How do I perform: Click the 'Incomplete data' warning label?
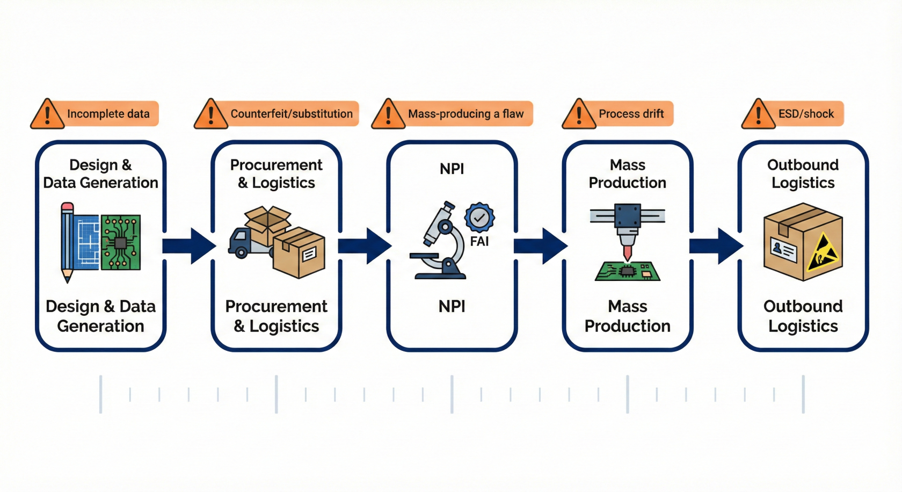(x=108, y=114)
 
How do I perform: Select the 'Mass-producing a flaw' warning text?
(x=465, y=114)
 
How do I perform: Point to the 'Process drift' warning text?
(x=631, y=114)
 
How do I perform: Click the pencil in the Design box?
(x=67, y=242)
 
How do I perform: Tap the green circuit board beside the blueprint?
(x=121, y=242)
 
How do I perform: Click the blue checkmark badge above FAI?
(x=479, y=218)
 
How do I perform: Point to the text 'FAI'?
(x=479, y=242)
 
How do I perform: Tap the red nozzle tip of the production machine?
(x=627, y=252)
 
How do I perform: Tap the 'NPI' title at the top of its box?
(x=452, y=169)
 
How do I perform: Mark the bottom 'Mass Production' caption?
(x=627, y=316)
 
